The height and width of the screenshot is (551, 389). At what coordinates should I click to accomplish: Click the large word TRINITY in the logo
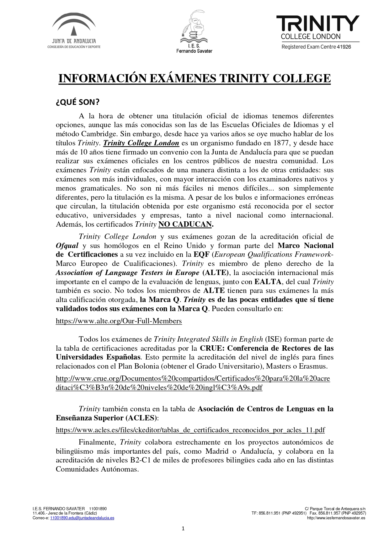[x=317, y=24]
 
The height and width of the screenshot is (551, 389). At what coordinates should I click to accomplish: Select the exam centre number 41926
[x=344, y=47]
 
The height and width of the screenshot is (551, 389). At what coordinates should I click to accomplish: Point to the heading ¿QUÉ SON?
[x=77, y=102]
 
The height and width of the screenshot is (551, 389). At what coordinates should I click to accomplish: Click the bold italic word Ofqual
[x=67, y=246]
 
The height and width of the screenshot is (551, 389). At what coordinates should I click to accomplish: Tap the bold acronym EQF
[x=201, y=255]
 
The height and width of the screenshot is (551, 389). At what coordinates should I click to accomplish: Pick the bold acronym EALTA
[x=268, y=282]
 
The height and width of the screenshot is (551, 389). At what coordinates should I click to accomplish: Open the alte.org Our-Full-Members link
[x=119, y=321]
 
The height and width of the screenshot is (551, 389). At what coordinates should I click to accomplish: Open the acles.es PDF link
[x=190, y=430]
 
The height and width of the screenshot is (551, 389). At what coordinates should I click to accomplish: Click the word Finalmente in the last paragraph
[x=97, y=442]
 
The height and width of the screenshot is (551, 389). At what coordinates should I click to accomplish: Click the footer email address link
[x=82, y=518]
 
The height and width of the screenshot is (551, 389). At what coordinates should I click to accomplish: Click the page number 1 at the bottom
[x=183, y=529]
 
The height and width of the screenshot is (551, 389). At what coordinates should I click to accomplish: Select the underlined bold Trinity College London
[x=141, y=143]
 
